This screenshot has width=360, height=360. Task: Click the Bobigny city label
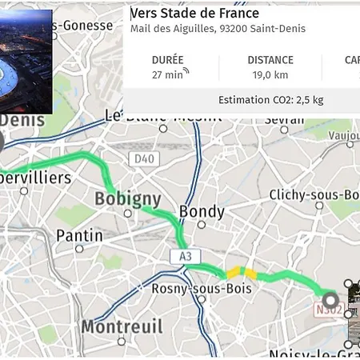(128, 198)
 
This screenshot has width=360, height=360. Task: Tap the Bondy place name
(202, 211)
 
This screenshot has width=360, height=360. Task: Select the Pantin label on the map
(79, 235)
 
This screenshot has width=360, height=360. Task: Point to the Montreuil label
(122, 326)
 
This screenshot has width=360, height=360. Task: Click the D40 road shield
(144, 159)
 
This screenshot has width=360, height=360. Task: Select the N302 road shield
(330, 309)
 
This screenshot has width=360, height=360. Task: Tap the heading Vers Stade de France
(194, 14)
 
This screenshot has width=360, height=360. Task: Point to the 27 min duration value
(167, 74)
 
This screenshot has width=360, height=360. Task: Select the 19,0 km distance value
(270, 74)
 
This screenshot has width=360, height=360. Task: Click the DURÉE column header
(167, 60)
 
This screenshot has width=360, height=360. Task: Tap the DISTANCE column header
(270, 60)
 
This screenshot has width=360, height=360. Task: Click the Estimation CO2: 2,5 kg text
(270, 100)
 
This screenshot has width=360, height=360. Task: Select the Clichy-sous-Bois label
(314, 195)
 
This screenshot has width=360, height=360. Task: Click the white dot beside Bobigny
(128, 214)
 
